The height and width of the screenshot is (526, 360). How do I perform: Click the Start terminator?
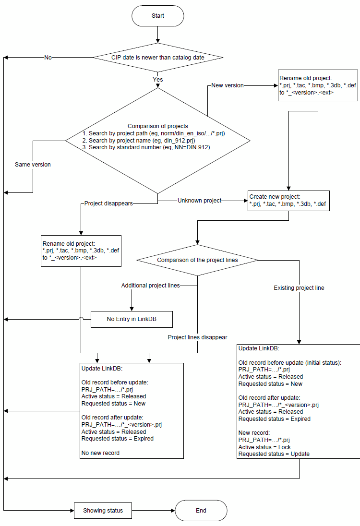point(157,16)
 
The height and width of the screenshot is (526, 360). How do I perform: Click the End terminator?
point(201,510)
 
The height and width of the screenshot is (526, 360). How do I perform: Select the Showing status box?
point(103,510)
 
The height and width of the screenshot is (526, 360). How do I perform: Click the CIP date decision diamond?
point(157,58)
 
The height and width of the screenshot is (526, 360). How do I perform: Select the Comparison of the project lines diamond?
point(197,260)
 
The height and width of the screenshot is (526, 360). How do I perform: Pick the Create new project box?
point(288,201)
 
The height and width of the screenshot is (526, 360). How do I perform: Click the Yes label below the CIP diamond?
point(157,80)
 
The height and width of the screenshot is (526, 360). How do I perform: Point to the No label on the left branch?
point(48,58)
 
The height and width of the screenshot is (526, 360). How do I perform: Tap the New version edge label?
point(228,85)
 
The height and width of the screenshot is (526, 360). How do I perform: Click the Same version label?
point(33,165)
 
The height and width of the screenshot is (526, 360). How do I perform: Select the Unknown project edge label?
point(200,201)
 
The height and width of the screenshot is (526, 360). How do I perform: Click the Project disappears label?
point(108,203)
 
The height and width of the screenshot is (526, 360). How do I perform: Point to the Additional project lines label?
point(150,286)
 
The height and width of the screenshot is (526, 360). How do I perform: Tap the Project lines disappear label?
point(197,337)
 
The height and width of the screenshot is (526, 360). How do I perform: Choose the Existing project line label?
point(299,288)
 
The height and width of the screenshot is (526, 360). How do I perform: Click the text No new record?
point(100,453)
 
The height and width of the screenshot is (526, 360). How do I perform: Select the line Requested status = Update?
point(274,454)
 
